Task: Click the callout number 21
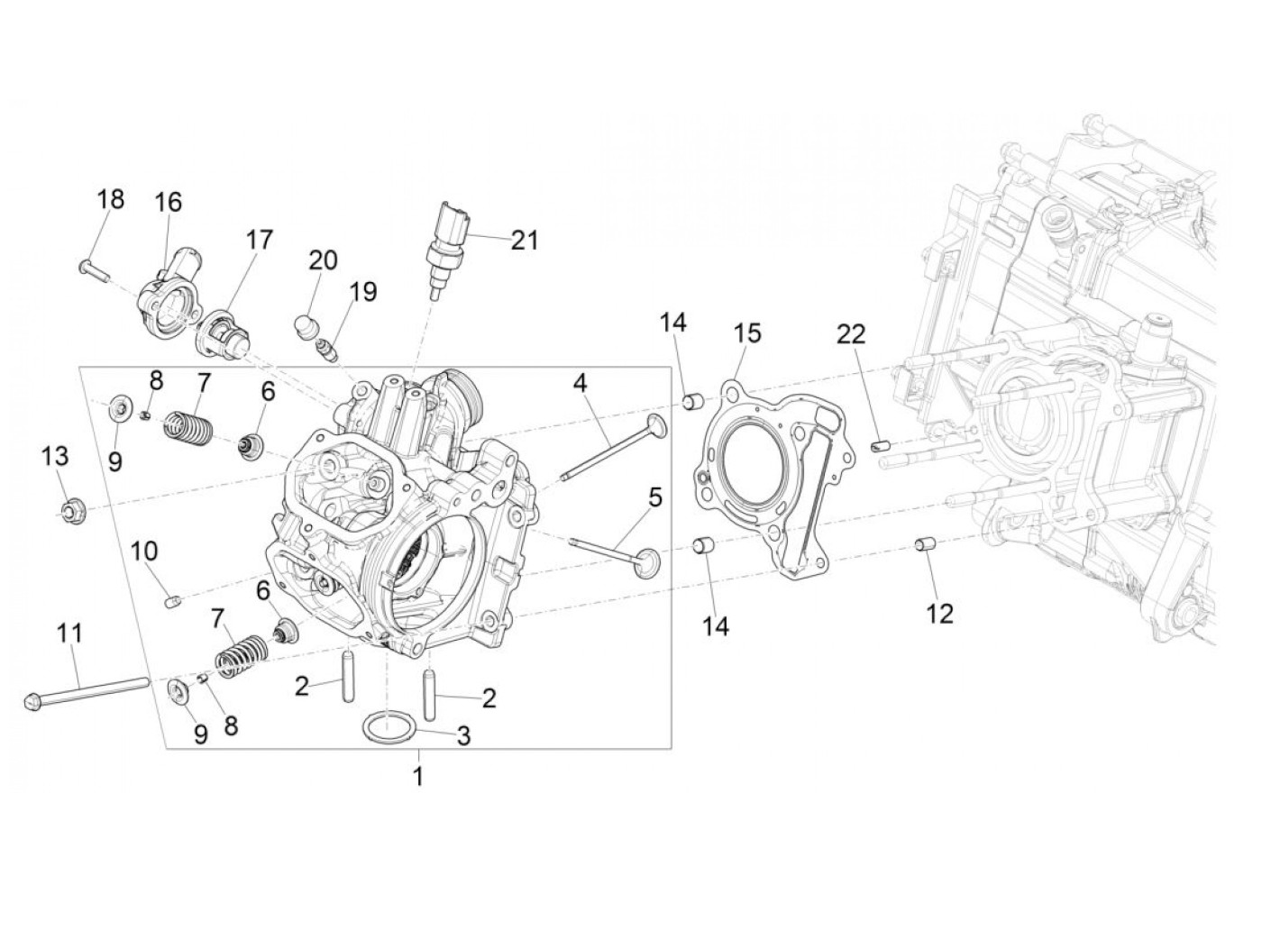coord(524,241)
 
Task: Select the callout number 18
coord(110,199)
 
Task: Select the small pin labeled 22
coord(881,444)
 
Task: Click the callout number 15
coord(747,333)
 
